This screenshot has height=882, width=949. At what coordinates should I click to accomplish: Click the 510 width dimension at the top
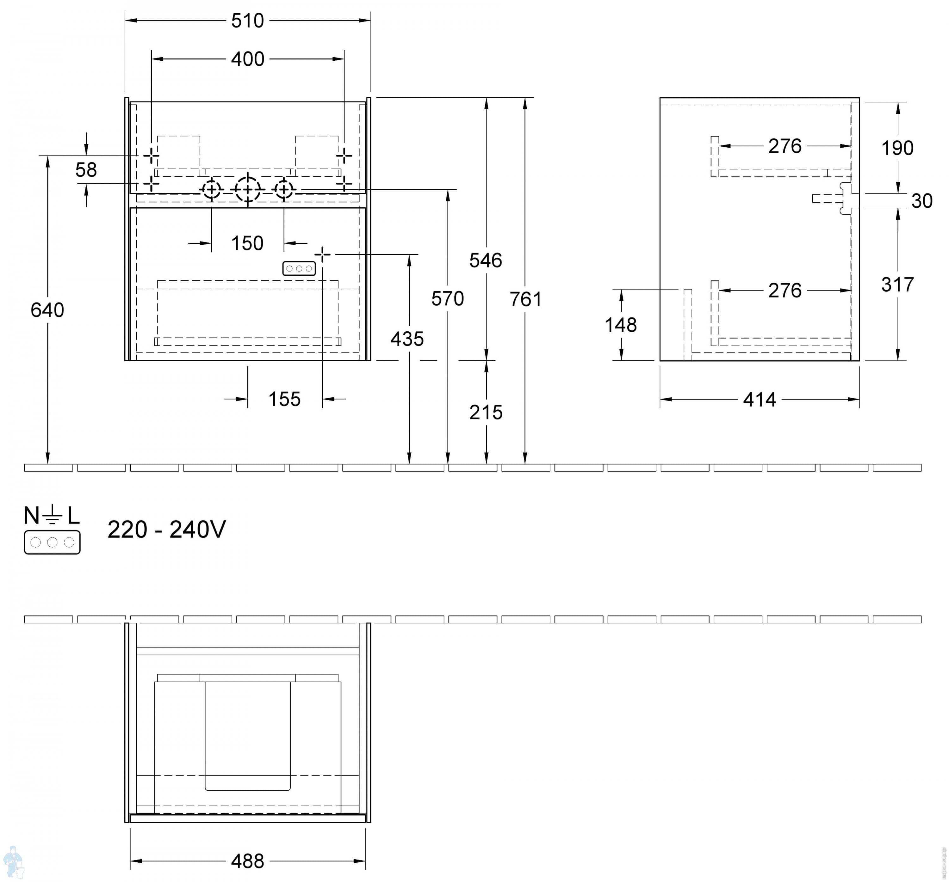[247, 21]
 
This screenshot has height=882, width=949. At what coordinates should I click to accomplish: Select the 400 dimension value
[247, 59]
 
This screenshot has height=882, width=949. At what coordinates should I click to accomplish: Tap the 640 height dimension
[47, 310]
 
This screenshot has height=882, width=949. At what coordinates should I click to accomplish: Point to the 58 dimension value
[86, 170]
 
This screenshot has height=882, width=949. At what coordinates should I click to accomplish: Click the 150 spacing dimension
[247, 243]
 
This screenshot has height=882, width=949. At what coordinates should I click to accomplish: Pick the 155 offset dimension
[284, 399]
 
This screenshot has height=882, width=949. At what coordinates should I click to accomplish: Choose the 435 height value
[407, 339]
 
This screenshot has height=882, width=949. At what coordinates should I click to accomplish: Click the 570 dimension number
[448, 299]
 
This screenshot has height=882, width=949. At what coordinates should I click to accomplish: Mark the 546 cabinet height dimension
[486, 260]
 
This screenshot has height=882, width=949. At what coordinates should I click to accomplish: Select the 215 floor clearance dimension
[486, 413]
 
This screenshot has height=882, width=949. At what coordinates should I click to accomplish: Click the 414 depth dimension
[760, 400]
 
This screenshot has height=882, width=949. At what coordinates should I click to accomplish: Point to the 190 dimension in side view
[897, 148]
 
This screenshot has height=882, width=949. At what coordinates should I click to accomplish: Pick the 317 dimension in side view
[897, 285]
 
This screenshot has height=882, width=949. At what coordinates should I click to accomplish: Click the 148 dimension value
[621, 325]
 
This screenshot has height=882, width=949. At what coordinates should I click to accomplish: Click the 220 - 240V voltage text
[167, 530]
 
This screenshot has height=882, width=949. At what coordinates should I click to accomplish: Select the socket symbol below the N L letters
[52, 542]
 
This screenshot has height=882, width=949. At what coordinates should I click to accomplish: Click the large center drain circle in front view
[248, 190]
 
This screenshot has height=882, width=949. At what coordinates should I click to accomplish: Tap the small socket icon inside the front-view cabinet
[299, 269]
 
